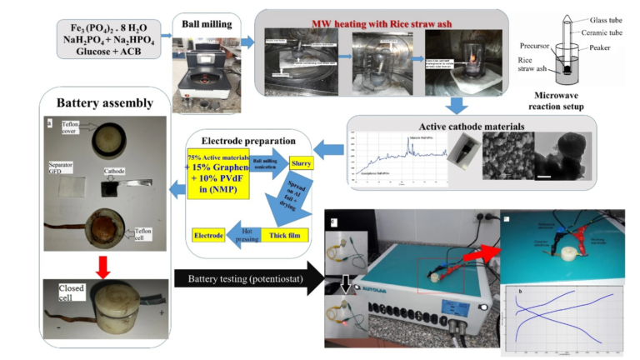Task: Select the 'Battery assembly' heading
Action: (105, 103)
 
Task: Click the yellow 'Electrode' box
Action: (209, 236)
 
